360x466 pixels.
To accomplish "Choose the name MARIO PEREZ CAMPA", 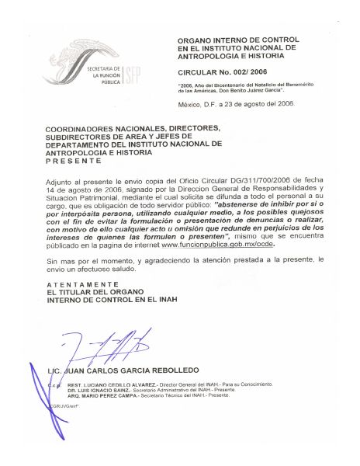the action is coord(107,398).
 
